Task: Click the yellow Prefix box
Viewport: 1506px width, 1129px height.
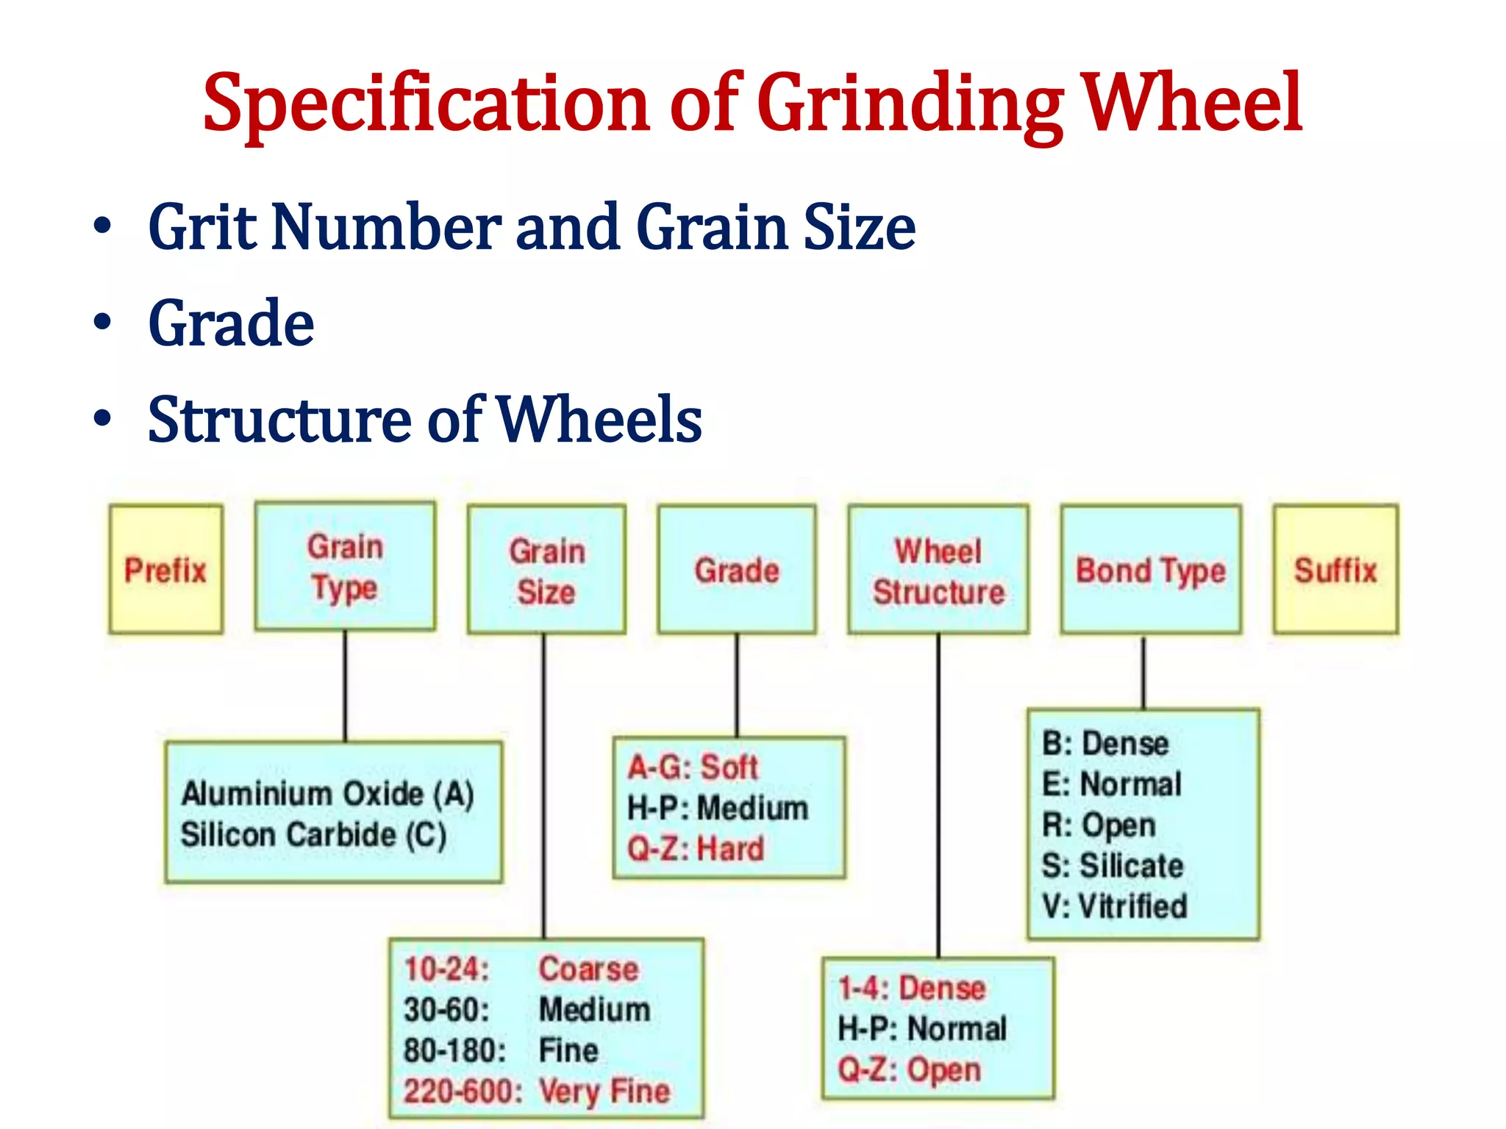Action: [165, 570]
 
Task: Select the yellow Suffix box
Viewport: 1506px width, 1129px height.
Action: [1335, 570]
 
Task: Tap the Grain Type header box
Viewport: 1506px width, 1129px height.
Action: [345, 566]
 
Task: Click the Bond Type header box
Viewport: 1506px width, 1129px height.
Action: [1151, 570]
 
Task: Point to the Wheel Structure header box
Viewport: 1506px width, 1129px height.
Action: [938, 570]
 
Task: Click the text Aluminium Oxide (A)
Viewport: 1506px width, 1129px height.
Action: [328, 794]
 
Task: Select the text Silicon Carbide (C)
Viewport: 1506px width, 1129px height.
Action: [314, 835]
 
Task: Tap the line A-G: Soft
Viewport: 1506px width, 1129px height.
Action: [692, 767]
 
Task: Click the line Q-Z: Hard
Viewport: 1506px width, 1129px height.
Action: [696, 849]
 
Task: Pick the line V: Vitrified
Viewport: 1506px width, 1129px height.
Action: [1115, 906]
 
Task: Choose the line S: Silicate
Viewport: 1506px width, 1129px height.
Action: [1113, 866]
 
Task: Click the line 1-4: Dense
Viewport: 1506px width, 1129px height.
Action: [912, 988]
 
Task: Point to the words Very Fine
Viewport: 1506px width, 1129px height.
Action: [604, 1091]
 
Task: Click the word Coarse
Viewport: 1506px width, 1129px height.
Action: [588, 969]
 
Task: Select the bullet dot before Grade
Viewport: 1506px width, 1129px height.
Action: [102, 323]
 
